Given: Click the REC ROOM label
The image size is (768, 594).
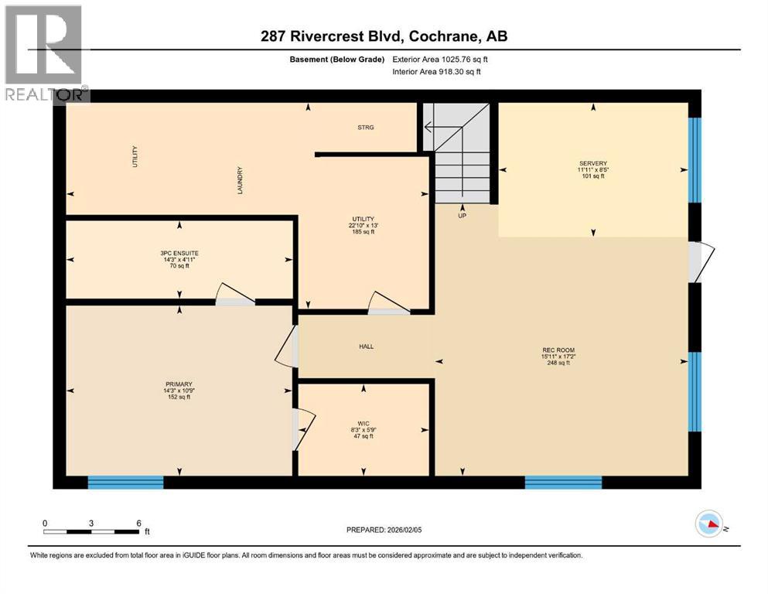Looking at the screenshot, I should (x=558, y=350).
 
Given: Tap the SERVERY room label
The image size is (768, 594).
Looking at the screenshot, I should (x=593, y=163).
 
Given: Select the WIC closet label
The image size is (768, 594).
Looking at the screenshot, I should (x=363, y=423).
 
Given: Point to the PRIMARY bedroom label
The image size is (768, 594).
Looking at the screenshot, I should (x=178, y=384).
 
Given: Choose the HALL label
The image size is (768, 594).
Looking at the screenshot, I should (x=366, y=346).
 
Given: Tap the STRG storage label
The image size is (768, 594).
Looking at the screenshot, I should (x=366, y=128).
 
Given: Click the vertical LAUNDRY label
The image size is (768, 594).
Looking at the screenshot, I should (x=241, y=179).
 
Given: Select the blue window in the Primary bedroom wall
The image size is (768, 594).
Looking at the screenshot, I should (x=126, y=483).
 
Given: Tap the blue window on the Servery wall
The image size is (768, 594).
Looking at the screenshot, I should (x=695, y=148).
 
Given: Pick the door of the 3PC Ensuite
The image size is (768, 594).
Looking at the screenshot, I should (x=235, y=295).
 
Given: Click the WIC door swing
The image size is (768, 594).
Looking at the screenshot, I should (x=303, y=428).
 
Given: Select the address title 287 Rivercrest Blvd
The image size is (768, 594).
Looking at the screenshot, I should (x=384, y=36).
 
